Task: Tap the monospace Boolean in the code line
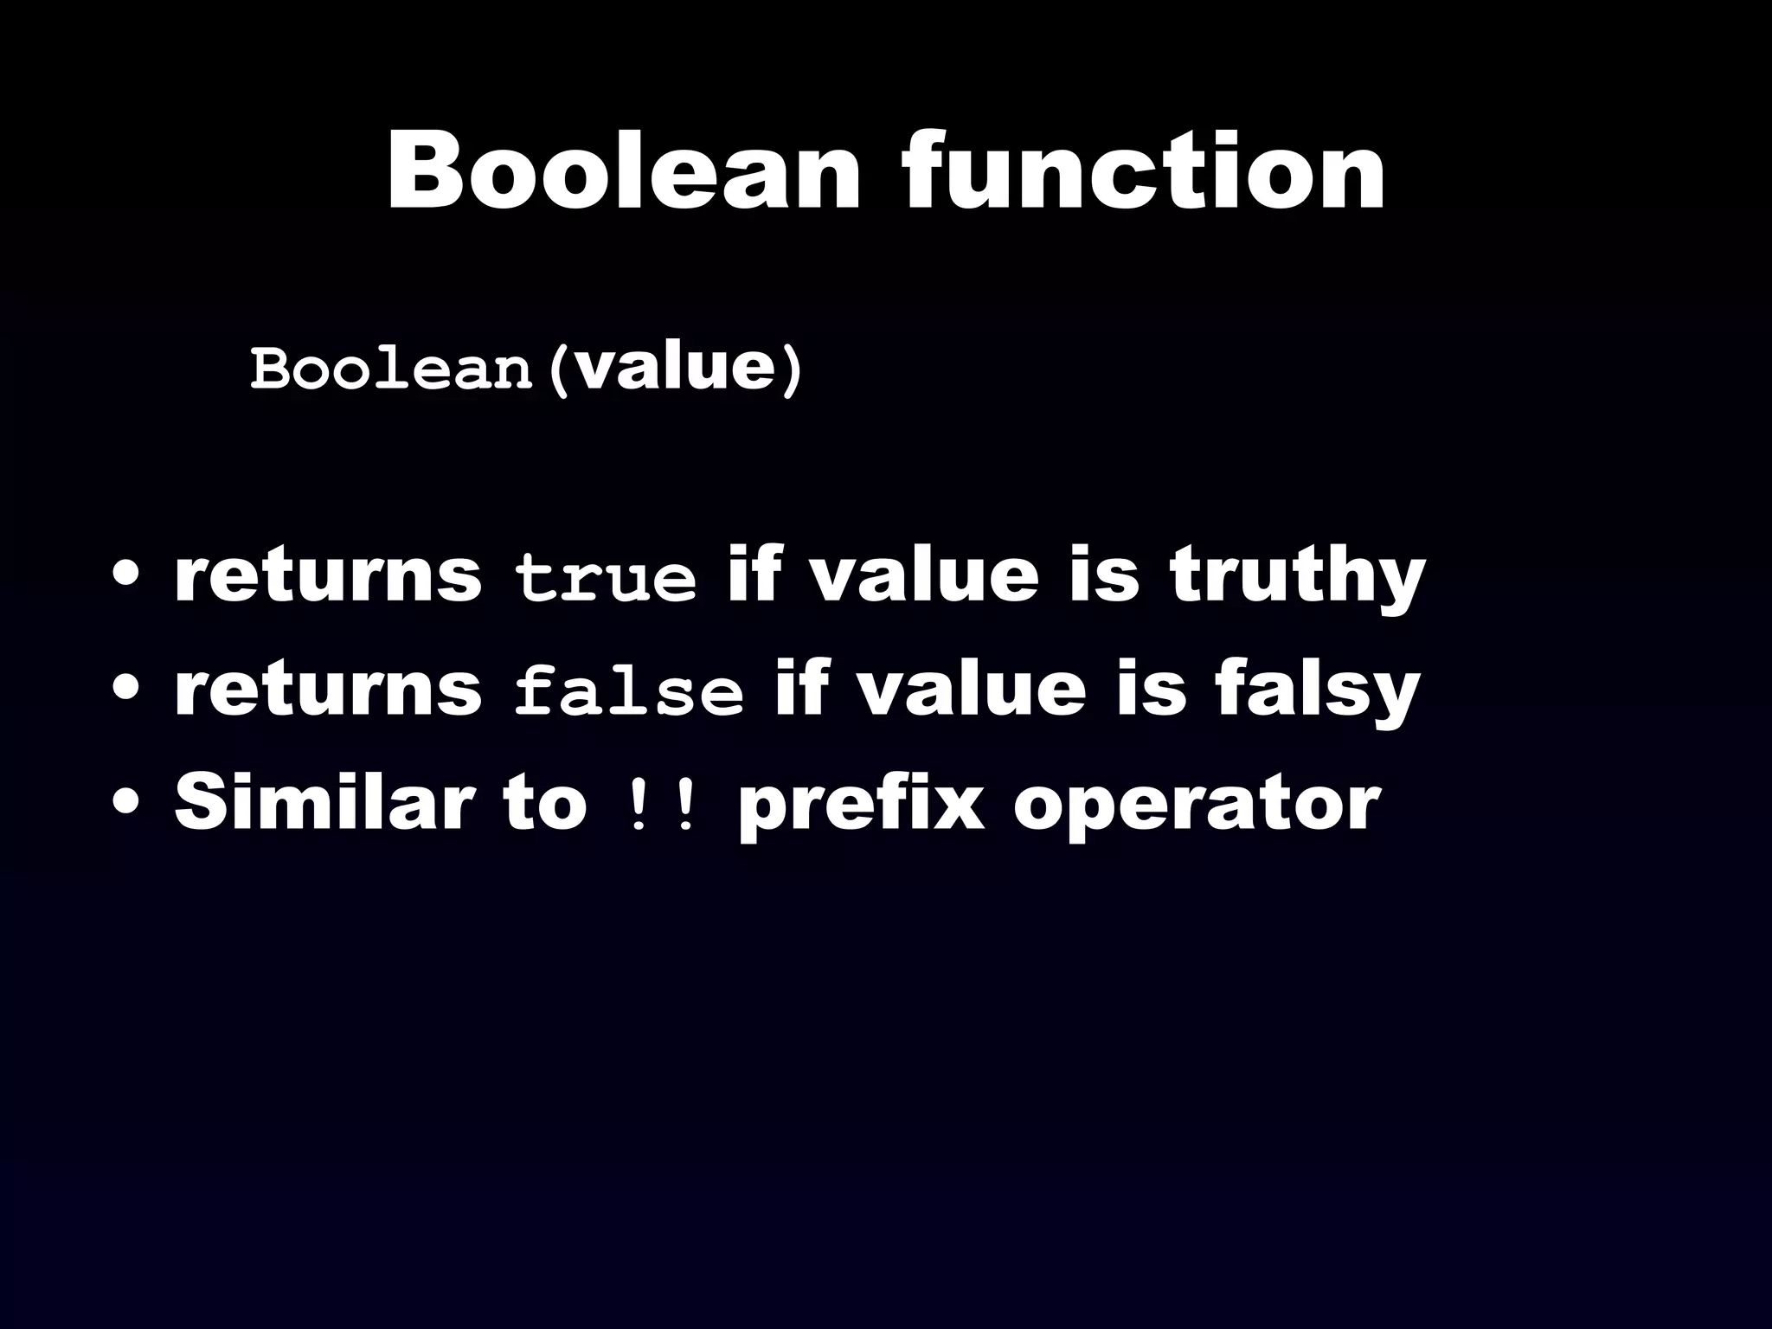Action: tap(391, 370)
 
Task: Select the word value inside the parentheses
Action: tap(674, 368)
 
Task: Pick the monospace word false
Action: tap(629, 691)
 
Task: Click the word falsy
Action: tap(1317, 691)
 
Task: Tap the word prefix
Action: tap(861, 806)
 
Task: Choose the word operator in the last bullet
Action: tap(1197, 806)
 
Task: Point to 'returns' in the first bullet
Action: tap(328, 577)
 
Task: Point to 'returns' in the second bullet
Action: tap(328, 691)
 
